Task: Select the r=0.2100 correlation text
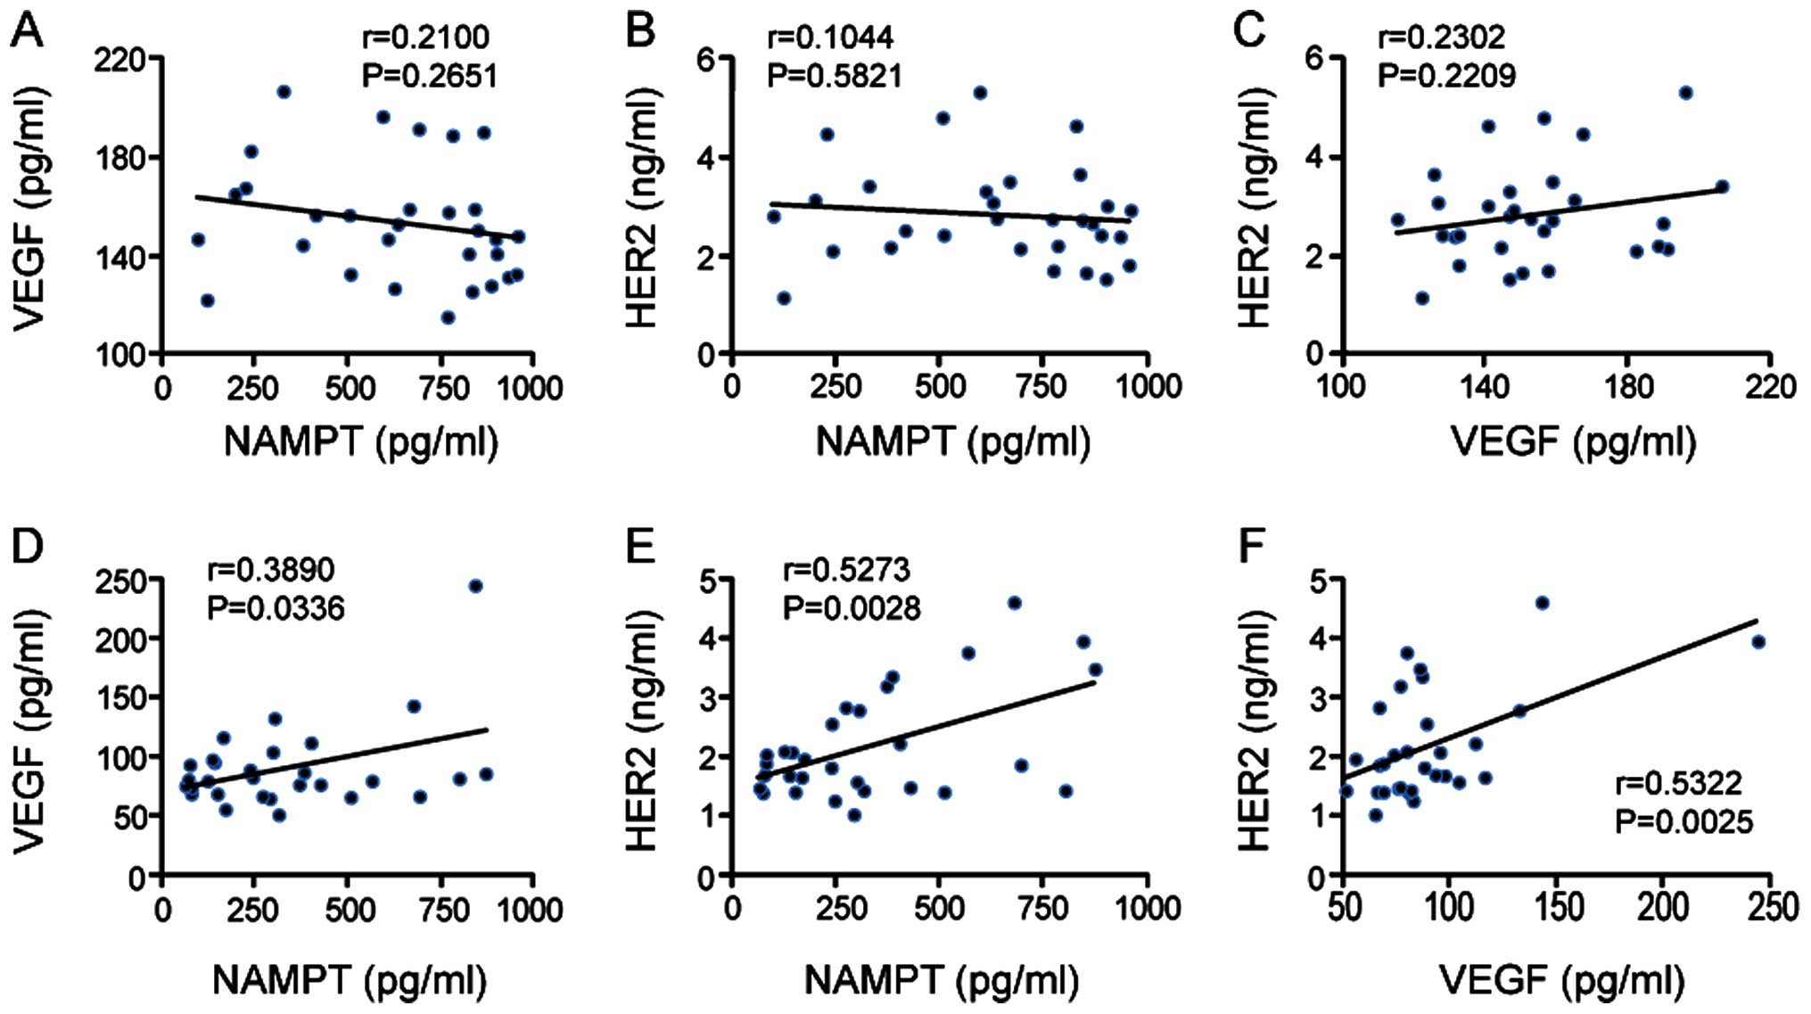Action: pos(425,37)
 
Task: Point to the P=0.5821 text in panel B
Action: pos(835,76)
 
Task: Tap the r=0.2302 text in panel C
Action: pos(1442,37)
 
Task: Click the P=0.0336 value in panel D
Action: pos(276,608)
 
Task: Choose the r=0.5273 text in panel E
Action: pos(846,569)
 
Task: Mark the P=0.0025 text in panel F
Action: pos(1683,821)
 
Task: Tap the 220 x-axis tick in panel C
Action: pos(1770,387)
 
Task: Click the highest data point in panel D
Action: pos(476,586)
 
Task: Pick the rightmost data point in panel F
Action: pos(1758,642)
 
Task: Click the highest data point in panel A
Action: pos(284,92)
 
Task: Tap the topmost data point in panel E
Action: pos(1014,603)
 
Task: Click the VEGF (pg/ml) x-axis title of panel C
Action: pos(1574,441)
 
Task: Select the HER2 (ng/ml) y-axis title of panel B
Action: pos(642,208)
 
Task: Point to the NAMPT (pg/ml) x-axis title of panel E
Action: pos(942,979)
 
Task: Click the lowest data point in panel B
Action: pos(784,298)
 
